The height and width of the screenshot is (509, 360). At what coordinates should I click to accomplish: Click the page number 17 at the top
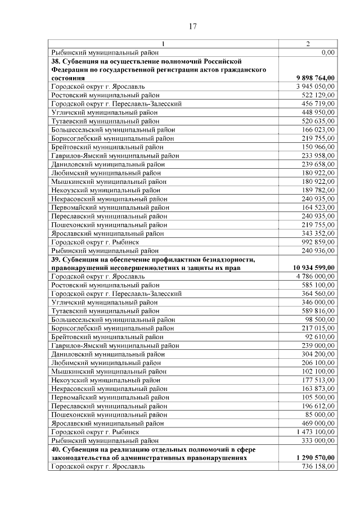tap(192, 26)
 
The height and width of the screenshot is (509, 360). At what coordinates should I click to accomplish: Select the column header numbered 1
tap(163, 44)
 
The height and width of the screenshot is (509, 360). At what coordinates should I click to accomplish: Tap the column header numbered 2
tap(308, 44)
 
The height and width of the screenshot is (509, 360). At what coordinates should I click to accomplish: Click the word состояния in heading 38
tap(67, 78)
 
